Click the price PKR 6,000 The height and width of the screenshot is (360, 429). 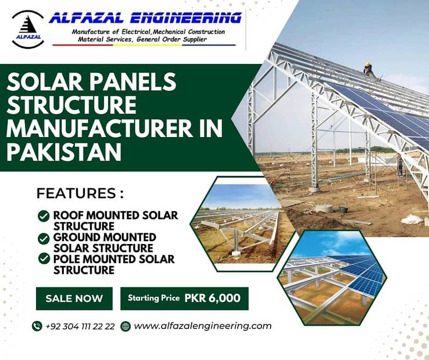click(212, 298)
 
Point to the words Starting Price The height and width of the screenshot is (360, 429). click(154, 298)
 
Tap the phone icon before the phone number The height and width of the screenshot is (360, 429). click(37, 326)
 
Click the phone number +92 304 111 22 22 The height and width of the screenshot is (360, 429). click(80, 326)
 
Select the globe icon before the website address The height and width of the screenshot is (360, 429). click(126, 326)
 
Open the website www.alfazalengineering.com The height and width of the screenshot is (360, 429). click(202, 326)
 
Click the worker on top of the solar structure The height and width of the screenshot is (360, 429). click(368, 69)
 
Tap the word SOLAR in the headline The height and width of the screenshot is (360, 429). click(41, 83)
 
